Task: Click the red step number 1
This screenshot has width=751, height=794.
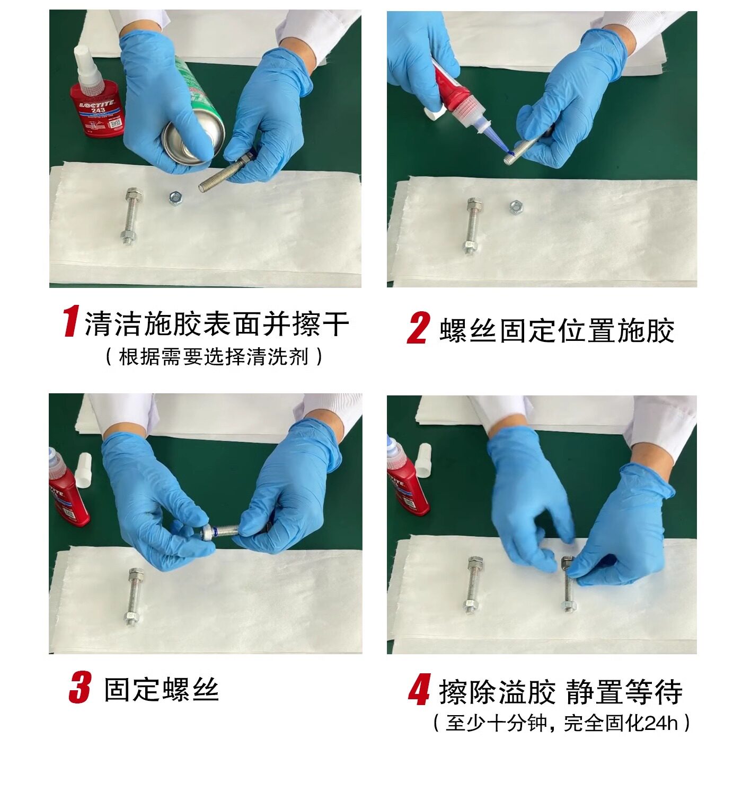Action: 72,322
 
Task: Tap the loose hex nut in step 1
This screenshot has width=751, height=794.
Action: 175,197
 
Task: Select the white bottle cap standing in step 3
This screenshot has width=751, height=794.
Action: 83,470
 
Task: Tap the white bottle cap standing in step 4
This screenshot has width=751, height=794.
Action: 423,461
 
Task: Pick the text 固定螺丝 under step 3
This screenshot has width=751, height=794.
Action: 161,690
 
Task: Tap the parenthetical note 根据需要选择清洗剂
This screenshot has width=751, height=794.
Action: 214,357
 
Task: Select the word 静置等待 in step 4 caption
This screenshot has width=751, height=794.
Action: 624,692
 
